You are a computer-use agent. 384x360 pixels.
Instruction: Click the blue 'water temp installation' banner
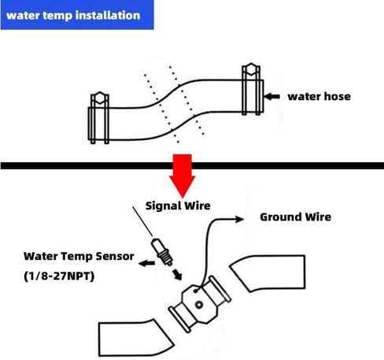click(x=77, y=15)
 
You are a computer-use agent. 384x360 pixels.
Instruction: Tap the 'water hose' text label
click(x=319, y=96)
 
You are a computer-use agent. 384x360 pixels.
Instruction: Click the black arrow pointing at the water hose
click(x=271, y=96)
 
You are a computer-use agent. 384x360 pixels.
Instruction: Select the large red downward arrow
click(x=183, y=176)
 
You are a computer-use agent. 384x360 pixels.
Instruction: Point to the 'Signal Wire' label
click(x=178, y=206)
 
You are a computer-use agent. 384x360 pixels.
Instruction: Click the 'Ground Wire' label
click(x=295, y=217)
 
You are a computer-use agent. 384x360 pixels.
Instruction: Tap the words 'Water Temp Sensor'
click(x=79, y=256)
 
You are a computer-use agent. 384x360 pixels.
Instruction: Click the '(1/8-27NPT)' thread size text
click(x=59, y=276)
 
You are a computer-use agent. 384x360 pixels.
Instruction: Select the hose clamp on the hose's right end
click(x=251, y=89)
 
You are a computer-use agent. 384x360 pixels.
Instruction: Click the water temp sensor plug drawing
click(x=161, y=252)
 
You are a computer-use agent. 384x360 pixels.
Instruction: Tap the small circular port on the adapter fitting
click(x=199, y=305)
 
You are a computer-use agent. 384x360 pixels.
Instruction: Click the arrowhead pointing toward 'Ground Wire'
click(x=240, y=219)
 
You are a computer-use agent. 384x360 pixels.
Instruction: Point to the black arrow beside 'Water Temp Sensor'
click(x=146, y=263)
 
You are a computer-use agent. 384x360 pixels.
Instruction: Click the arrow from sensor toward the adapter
click(x=177, y=274)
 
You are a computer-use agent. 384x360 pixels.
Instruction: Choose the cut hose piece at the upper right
click(x=268, y=273)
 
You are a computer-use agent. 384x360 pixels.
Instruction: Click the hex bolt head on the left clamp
click(x=100, y=98)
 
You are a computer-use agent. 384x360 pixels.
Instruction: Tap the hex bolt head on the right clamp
click(x=251, y=69)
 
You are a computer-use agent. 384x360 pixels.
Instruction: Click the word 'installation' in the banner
click(x=108, y=15)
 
